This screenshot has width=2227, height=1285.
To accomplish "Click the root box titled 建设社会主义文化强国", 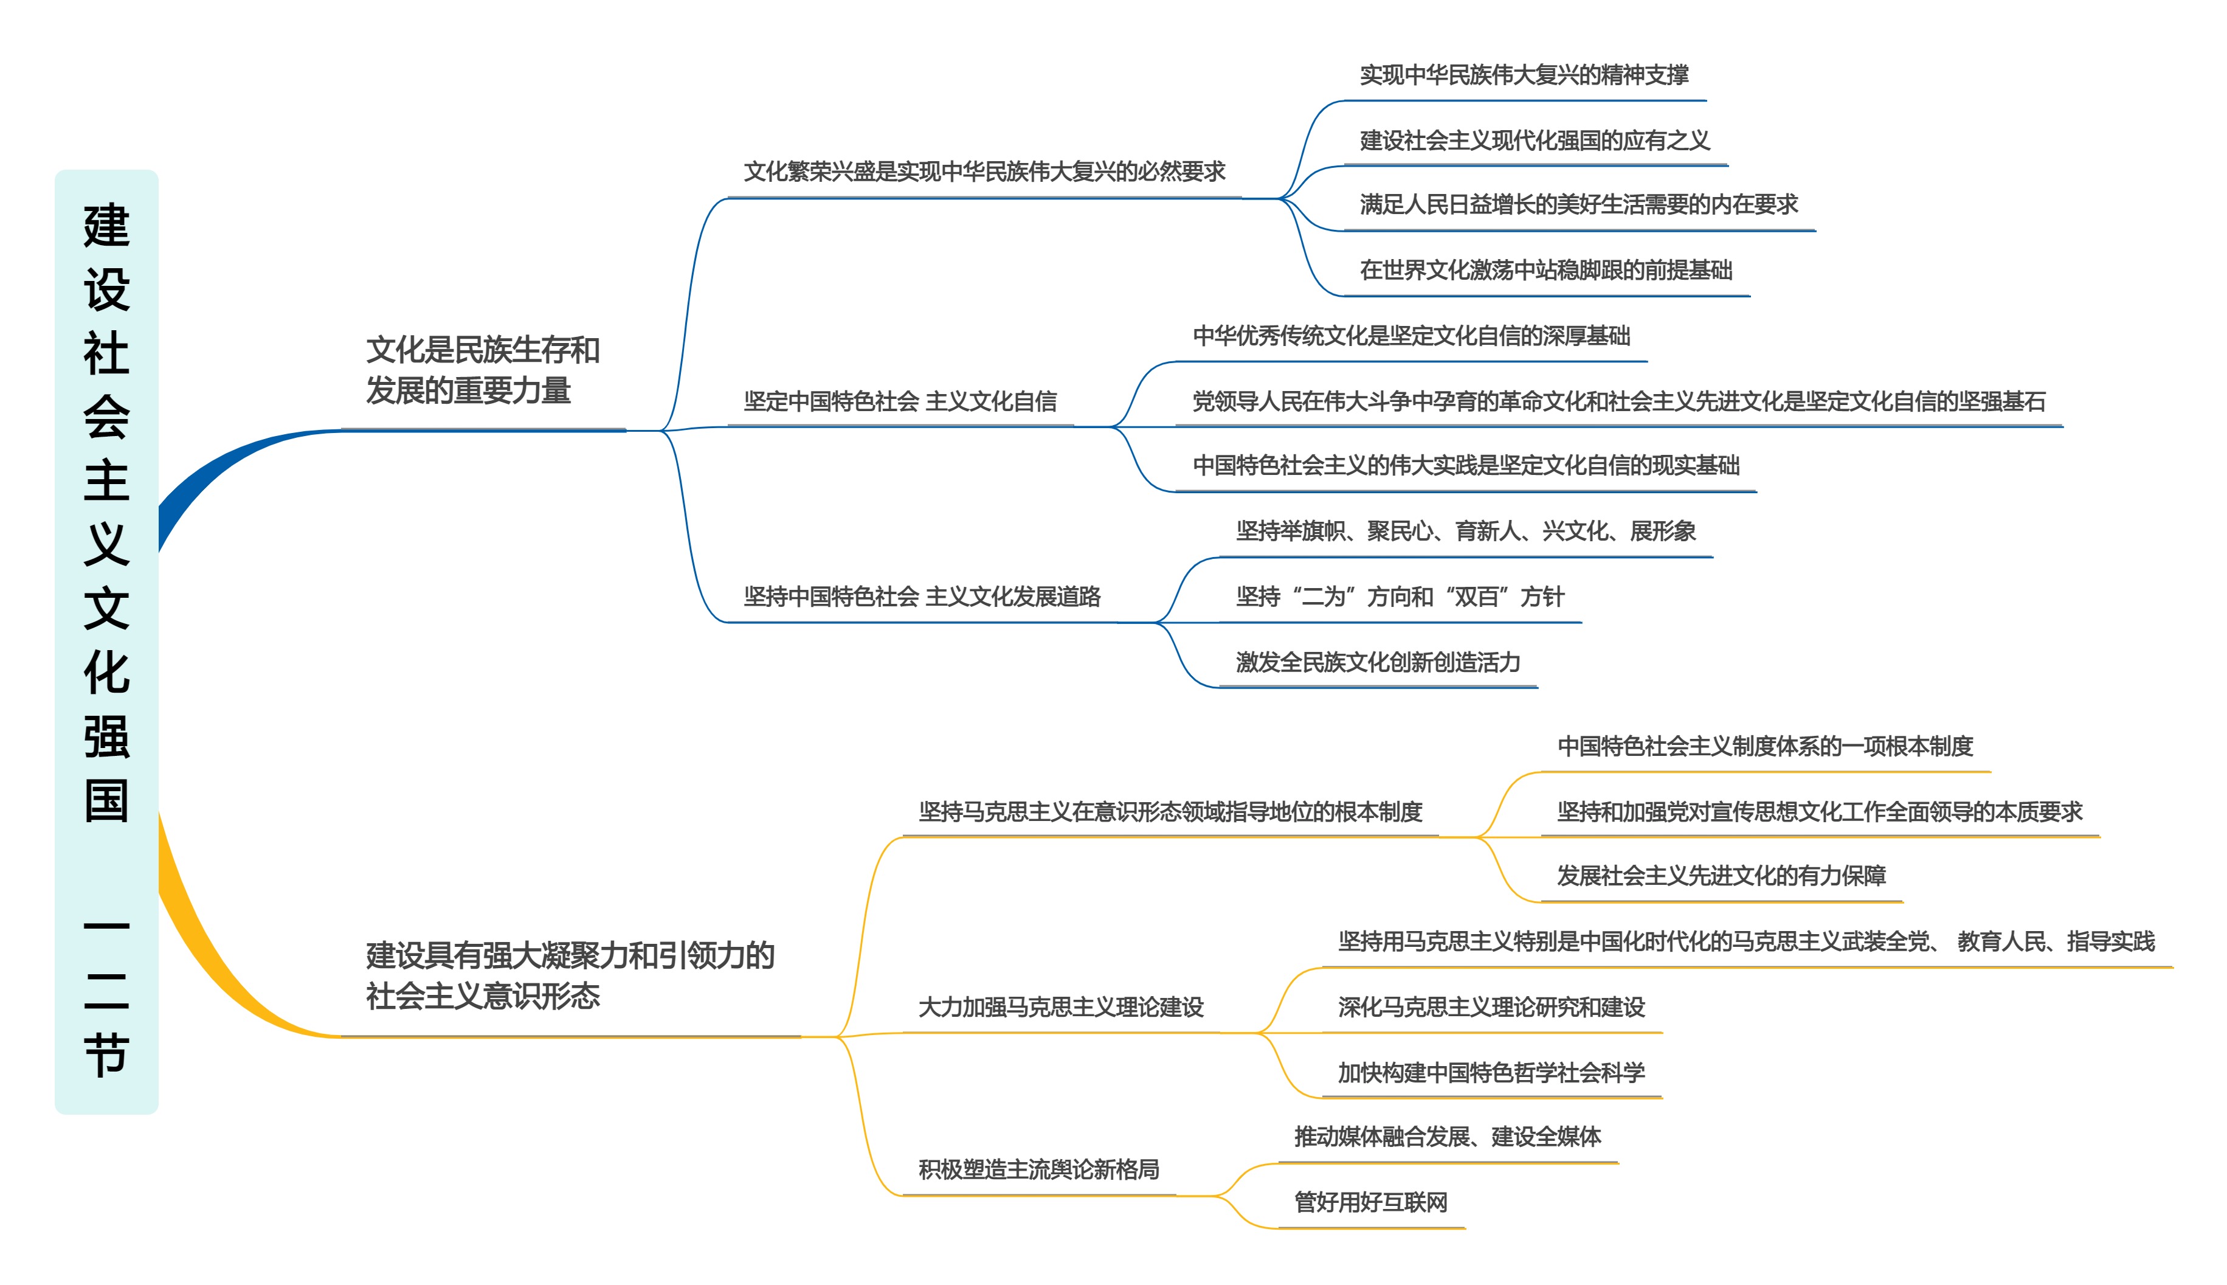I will [x=106, y=641].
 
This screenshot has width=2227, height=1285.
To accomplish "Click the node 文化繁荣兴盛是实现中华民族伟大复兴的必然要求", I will [x=984, y=171].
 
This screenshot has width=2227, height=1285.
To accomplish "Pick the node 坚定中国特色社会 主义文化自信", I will [x=899, y=401].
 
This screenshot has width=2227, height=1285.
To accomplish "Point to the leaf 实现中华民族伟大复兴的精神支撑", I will [x=1524, y=75].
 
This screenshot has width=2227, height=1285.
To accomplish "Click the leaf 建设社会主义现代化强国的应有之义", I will [x=1535, y=140].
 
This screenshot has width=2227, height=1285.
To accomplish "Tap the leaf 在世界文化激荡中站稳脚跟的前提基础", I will [x=1546, y=270].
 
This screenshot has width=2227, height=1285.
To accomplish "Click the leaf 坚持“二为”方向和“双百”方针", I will [x=1400, y=597].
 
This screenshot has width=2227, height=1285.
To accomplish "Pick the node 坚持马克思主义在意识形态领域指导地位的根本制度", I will [x=1170, y=812].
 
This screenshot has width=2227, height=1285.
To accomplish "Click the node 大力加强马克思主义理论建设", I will [x=1060, y=1007].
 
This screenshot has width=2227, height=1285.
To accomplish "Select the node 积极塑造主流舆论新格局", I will [x=1038, y=1169].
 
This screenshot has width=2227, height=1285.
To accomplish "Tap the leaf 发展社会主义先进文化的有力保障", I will [x=1721, y=876].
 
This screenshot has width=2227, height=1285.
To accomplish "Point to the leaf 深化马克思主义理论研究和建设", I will [x=1491, y=1007].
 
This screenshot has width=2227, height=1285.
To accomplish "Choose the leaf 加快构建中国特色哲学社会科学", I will [x=1491, y=1072].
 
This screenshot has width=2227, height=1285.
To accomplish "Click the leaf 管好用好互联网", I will [x=1370, y=1202].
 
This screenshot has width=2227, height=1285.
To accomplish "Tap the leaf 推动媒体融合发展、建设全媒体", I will [x=1447, y=1137].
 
